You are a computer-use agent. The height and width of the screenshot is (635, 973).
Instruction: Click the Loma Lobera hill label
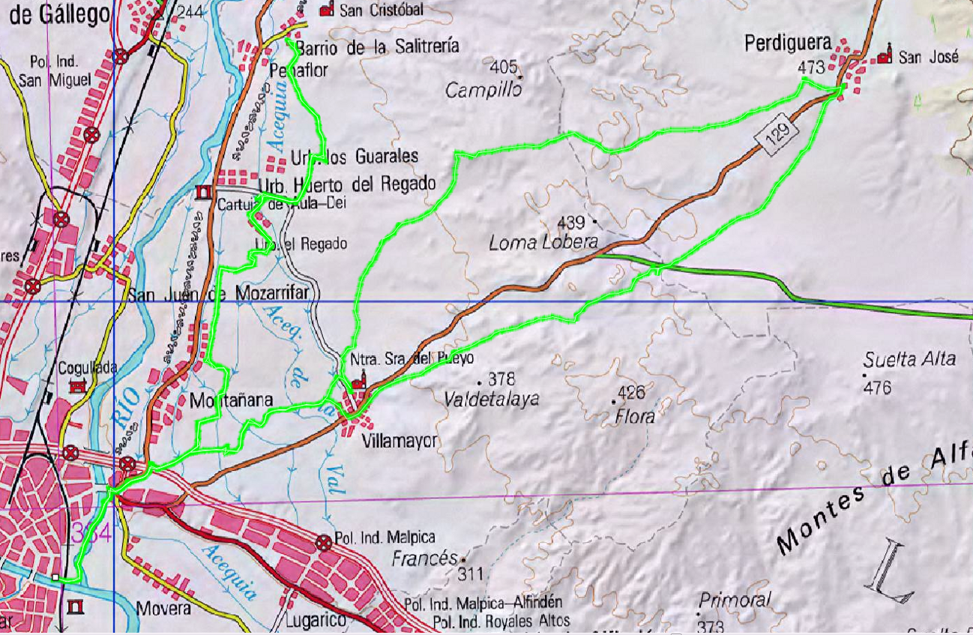click(543, 243)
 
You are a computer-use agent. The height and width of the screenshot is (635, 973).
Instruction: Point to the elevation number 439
click(570, 223)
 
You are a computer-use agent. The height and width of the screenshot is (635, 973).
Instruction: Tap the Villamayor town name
click(398, 441)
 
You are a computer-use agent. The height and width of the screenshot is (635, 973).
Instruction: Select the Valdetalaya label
click(491, 399)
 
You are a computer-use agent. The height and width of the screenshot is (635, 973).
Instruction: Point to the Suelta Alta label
click(909, 359)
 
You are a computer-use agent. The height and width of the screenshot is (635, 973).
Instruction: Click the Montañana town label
click(232, 400)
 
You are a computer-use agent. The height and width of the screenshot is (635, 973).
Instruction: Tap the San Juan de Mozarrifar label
click(218, 295)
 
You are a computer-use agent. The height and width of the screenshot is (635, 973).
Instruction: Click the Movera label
click(163, 609)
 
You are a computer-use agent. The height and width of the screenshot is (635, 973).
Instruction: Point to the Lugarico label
click(316, 621)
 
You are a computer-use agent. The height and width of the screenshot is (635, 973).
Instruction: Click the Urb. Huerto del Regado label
click(346, 184)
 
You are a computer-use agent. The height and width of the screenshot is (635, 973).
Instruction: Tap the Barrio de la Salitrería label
click(378, 47)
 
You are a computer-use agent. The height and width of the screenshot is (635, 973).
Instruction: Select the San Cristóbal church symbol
click(326, 10)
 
